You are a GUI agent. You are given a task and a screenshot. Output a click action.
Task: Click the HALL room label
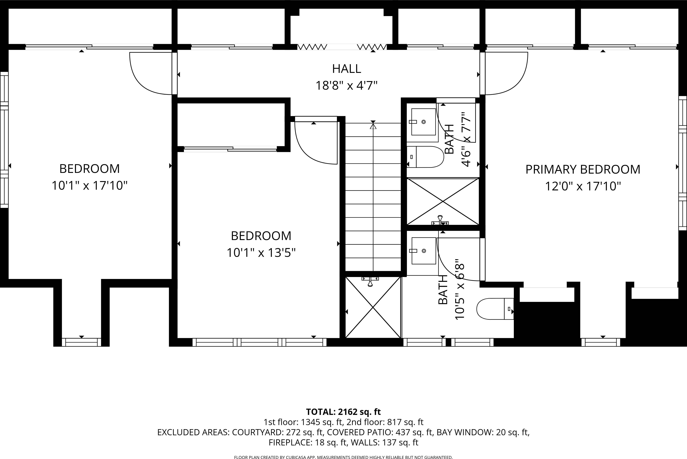pos(346,69)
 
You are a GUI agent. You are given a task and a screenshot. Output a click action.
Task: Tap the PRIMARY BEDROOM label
pos(583,169)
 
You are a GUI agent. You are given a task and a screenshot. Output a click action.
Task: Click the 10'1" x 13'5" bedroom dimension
pos(261,253)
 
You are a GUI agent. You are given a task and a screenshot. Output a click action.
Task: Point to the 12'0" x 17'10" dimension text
pos(583,186)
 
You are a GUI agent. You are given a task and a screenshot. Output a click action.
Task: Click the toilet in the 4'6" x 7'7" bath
pos(425,157)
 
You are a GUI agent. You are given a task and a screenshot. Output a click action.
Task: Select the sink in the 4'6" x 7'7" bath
pos(423,122)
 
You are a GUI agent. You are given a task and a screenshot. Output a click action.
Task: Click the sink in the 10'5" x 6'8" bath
pos(423,251)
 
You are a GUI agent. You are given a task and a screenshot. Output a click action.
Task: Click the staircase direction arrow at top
pos(373,126)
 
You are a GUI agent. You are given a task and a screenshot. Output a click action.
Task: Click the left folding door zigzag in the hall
pos(312,47)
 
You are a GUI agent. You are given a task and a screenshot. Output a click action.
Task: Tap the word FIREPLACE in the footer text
pos(290,443)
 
